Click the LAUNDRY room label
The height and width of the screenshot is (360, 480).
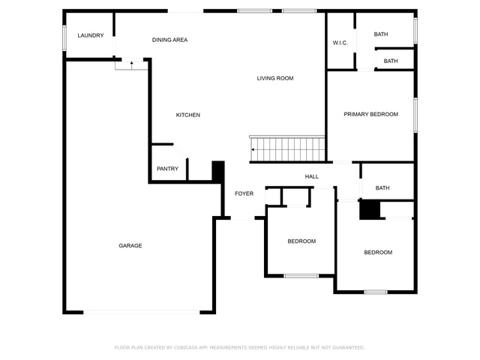pos(91,35)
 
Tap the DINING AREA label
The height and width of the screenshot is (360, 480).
pos(170,40)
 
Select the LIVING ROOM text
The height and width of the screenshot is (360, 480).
pos(275,78)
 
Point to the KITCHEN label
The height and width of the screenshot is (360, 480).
pos(188,115)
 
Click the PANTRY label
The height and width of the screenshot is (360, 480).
pos(167,169)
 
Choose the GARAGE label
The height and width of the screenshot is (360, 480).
pos(130,245)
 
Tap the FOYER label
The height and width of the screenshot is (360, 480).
pos(244,193)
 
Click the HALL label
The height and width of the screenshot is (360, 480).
pos(312,177)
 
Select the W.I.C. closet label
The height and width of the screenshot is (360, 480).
pos(340,43)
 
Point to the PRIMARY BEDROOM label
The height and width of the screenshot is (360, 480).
pos(371,114)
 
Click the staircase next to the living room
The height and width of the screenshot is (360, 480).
pos(287,148)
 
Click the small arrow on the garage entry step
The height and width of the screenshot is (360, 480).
pos(132,65)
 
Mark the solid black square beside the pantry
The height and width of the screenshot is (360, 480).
pos(218,171)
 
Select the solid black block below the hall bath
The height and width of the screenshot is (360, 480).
pos(370,210)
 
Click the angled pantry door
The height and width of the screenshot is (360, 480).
pos(180,151)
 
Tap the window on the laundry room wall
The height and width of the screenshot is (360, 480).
pos(64,37)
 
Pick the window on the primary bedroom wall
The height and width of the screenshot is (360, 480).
pos(415,115)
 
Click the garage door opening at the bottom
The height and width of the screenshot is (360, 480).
pos(142,312)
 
